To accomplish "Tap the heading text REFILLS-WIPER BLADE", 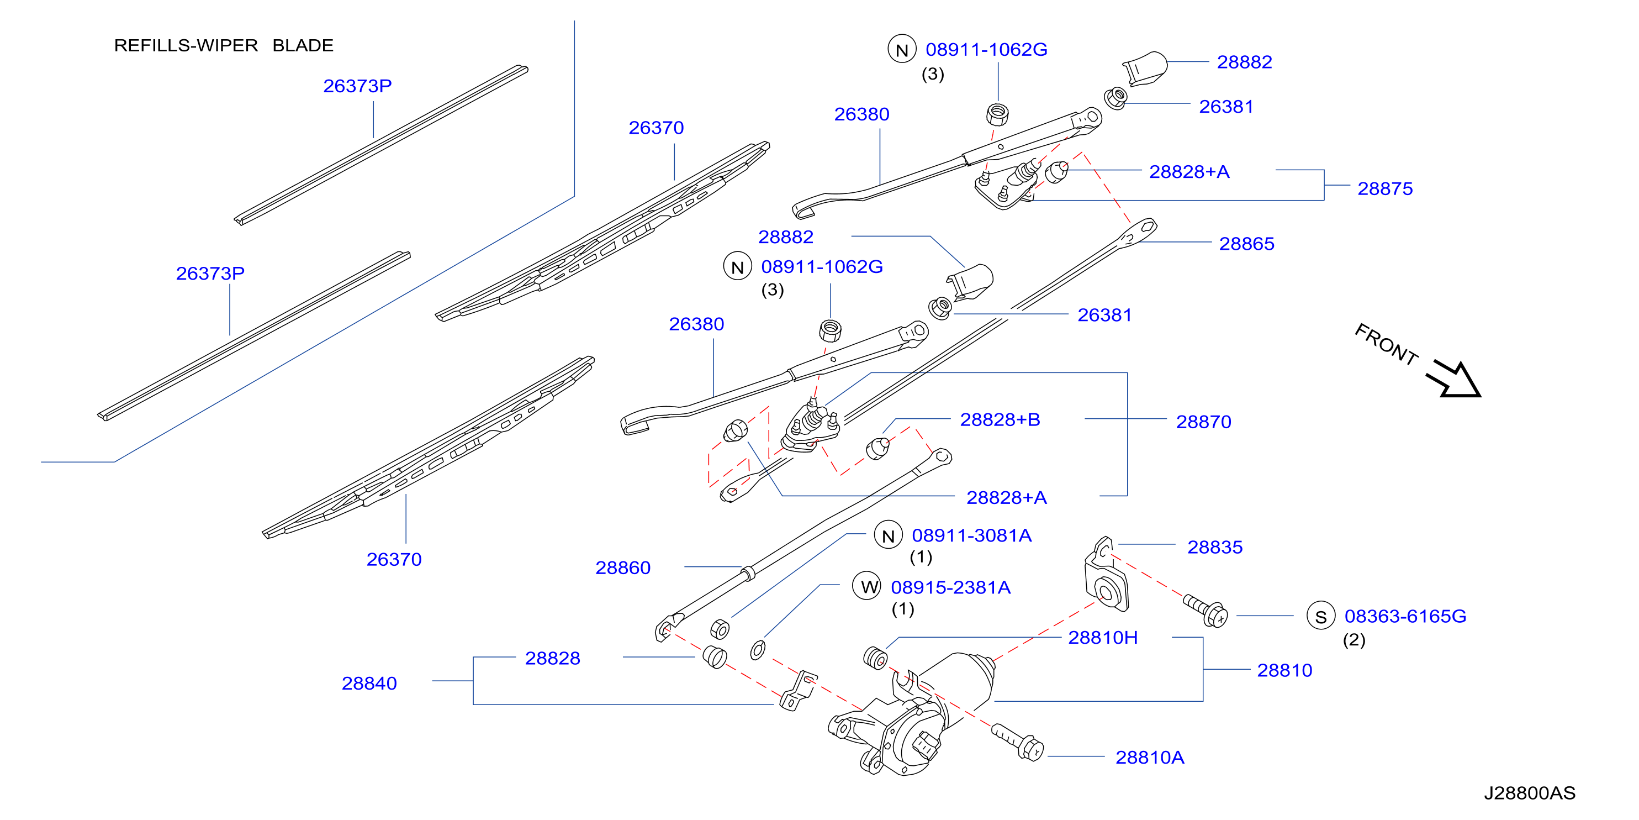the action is click(x=223, y=46).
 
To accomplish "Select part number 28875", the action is click(x=1384, y=188).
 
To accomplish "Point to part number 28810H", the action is click(x=1103, y=637).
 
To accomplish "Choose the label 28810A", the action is click(x=1150, y=757).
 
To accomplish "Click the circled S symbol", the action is click(x=1321, y=616).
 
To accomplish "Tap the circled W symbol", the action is click(x=867, y=586).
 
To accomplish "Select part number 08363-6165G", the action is click(x=1405, y=616).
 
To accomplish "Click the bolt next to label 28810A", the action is click(x=1017, y=742).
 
